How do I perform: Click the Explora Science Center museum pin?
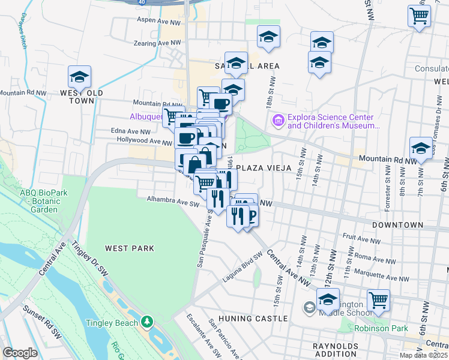coord(277,121)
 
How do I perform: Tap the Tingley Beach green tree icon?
coord(147,322)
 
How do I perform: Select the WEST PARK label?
coord(130,248)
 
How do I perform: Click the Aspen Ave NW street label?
coord(159,21)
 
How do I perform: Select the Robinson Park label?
coord(381,328)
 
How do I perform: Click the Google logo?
coord(20,353)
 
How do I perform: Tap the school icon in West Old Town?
coord(79,77)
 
